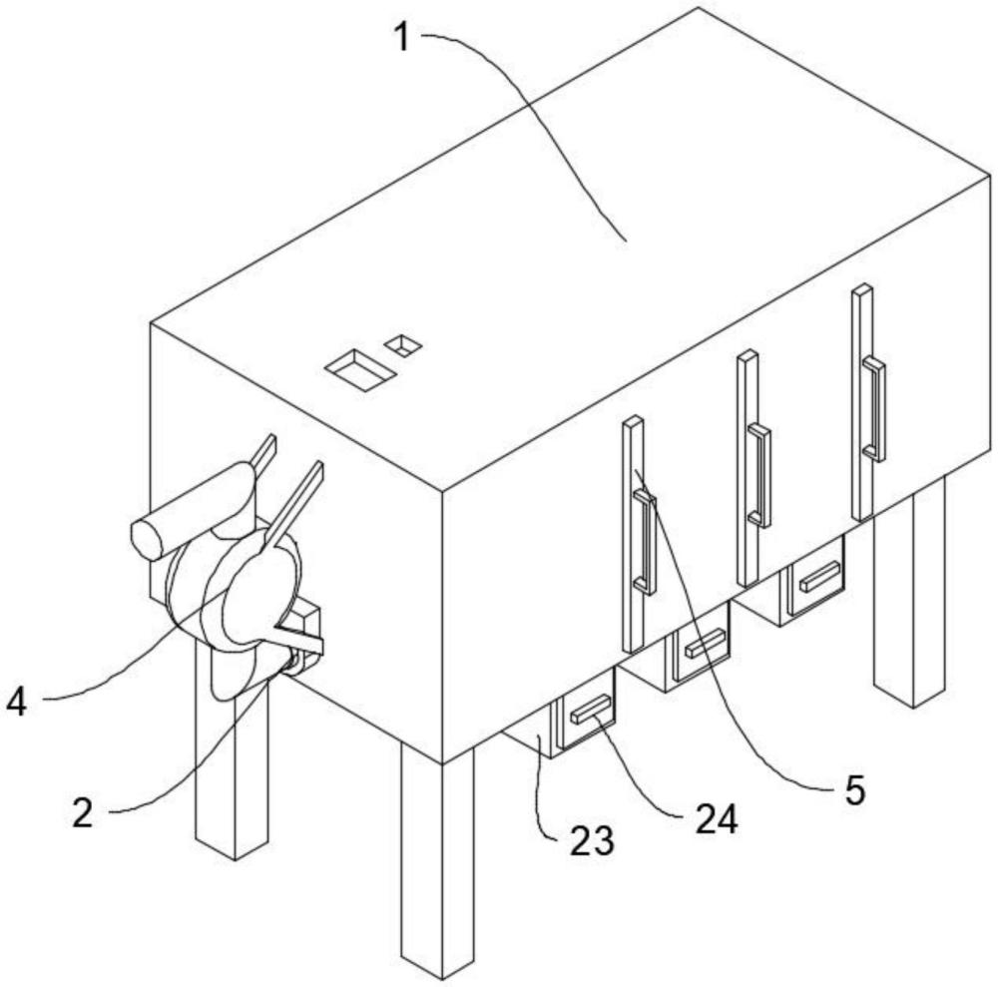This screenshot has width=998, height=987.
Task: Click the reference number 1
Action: coord(401,39)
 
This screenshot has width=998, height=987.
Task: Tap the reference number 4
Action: coord(16,702)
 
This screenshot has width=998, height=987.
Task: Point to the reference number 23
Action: coord(592,840)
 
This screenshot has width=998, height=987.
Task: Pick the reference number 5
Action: coord(851,788)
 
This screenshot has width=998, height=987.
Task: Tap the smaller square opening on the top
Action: coord(403,345)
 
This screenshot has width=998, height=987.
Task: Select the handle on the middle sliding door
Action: coord(759,475)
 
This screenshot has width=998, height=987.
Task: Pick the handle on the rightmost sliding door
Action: coord(874,408)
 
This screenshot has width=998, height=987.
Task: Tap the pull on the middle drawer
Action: coord(704,643)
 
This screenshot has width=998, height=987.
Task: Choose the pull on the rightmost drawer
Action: coord(818,576)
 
